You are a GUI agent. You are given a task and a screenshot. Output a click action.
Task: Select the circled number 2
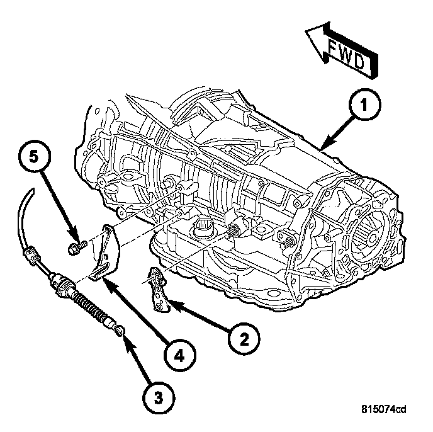(x=242, y=339)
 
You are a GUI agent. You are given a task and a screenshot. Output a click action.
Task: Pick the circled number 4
(x=179, y=356)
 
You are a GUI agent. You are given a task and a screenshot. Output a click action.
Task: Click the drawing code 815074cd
(x=384, y=410)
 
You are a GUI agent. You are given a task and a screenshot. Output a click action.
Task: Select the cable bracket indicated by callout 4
(x=104, y=252)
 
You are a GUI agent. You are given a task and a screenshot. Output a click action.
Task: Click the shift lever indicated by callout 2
(x=158, y=288)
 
